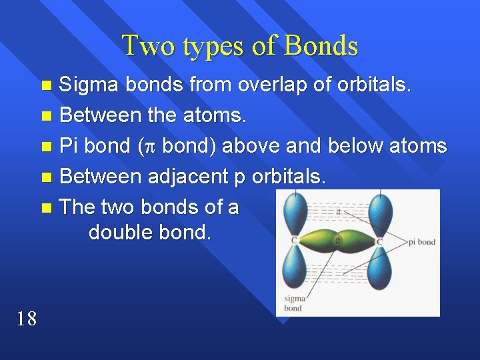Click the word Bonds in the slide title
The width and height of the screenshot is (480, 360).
[321, 45]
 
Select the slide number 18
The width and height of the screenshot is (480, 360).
[26, 319]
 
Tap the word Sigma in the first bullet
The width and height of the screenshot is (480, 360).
[89, 85]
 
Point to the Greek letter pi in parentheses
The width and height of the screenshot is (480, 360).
[150, 147]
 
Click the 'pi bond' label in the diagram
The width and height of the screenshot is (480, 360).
[421, 241]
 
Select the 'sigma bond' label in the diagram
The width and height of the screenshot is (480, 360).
[293, 303]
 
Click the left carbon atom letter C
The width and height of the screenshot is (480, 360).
[293, 241]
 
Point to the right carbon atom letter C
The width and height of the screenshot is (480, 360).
[379, 241]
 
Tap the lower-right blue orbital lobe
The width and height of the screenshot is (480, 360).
[381, 269]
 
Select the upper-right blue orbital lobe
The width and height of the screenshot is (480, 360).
[381, 212]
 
